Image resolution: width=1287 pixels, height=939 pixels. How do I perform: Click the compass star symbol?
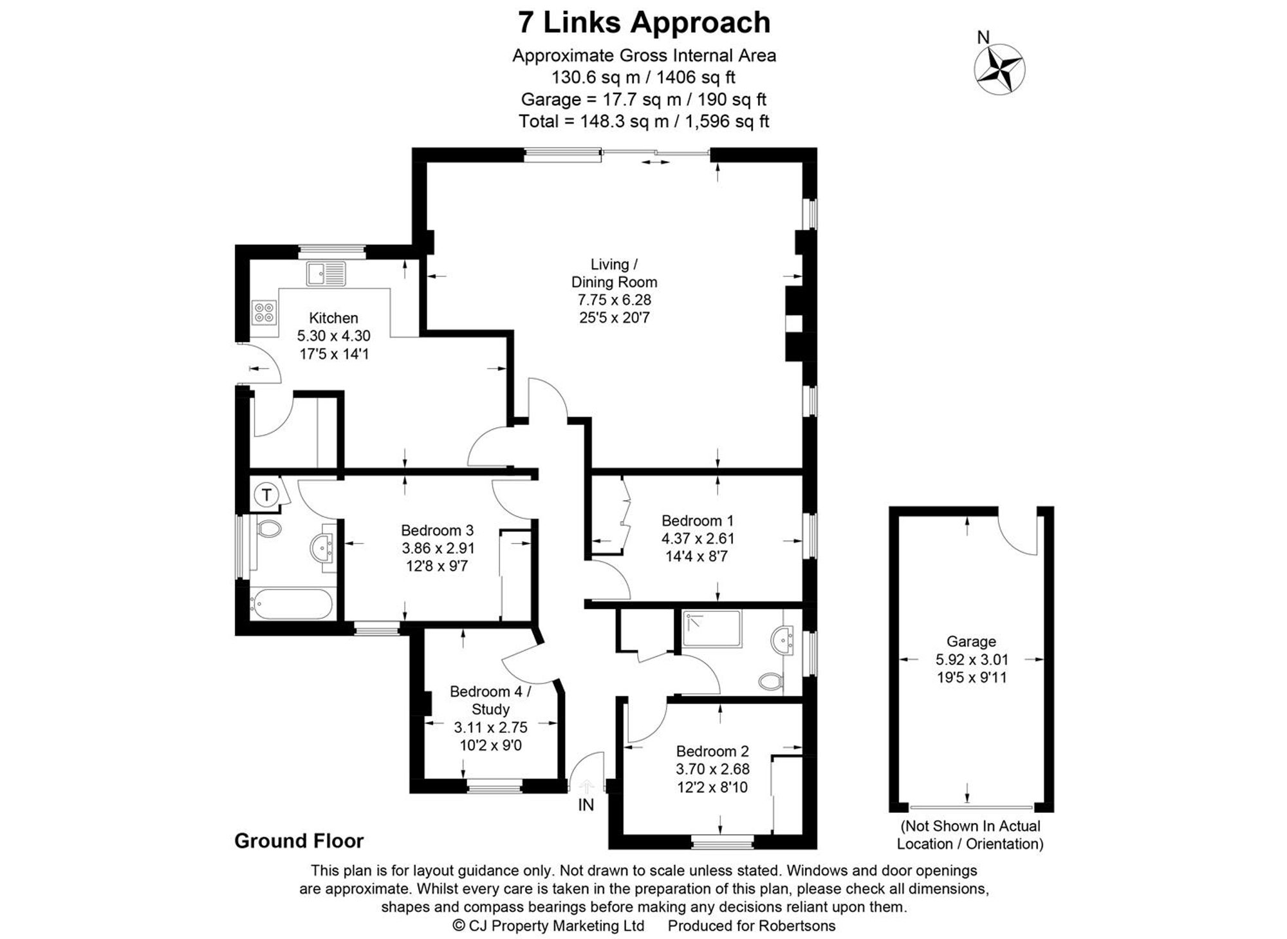(999, 70)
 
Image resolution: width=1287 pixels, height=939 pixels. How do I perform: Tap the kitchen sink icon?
(326, 274)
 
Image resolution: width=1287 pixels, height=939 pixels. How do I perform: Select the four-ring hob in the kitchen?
(264, 313)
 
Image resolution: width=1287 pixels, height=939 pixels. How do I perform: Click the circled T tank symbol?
(266, 495)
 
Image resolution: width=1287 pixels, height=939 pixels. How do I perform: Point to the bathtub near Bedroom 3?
(291, 605)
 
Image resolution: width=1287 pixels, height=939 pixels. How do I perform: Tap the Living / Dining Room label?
(614, 273)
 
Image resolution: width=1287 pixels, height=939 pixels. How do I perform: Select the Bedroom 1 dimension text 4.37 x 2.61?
(698, 538)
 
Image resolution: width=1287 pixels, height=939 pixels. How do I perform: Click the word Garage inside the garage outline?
(970, 641)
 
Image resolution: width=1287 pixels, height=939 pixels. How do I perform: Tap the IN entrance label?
(586, 805)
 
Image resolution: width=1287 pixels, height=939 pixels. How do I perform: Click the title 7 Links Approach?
(643, 23)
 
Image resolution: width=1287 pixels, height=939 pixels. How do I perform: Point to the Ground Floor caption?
(299, 841)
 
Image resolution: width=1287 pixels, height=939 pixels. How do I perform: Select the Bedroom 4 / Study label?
(490, 700)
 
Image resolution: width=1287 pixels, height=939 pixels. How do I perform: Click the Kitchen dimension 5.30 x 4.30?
(333, 336)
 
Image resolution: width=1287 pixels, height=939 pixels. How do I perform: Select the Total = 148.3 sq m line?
(643, 121)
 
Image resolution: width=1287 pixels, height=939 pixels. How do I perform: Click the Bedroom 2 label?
(712, 751)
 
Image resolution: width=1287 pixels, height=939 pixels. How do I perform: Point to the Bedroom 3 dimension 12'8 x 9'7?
(437, 566)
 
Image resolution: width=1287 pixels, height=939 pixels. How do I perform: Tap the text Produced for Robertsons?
(752, 926)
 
